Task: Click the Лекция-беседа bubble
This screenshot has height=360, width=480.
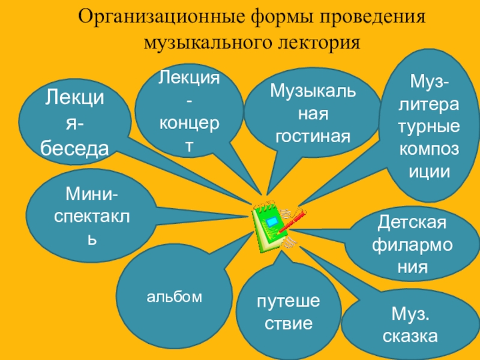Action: (x=76, y=123)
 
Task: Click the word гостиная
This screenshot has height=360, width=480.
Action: (x=313, y=136)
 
